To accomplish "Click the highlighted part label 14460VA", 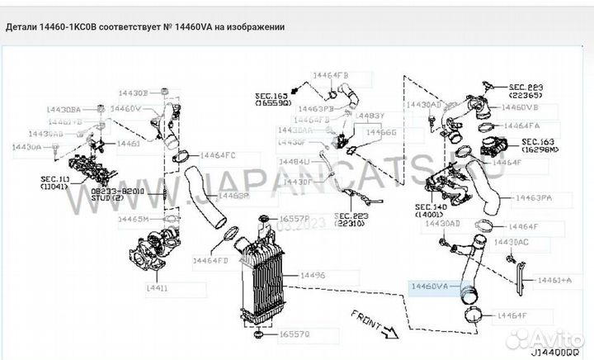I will point(430,286).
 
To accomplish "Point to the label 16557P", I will point(293,219).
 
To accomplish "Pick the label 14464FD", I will point(210,260).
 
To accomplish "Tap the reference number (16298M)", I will point(541,151).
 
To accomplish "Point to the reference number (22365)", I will point(526,95).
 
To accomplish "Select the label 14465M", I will point(133,219).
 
